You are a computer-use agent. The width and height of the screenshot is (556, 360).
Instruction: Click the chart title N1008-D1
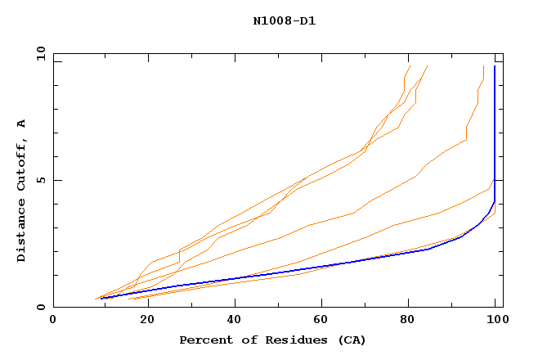(285, 21)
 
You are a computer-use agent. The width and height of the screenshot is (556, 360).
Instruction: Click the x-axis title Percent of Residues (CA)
(273, 340)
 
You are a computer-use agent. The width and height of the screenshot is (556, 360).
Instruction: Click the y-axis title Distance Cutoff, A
(21, 191)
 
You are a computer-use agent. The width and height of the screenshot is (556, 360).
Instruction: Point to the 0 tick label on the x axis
(53, 321)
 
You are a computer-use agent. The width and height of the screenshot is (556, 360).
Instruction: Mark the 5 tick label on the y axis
(40, 180)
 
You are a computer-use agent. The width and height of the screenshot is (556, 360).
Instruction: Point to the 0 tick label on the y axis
(40, 307)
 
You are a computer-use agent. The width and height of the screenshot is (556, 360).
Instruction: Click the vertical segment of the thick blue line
(495, 131)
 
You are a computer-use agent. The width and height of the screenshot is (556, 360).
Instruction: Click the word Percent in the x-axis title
(204, 340)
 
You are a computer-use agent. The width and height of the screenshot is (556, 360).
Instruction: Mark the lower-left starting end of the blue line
(101, 299)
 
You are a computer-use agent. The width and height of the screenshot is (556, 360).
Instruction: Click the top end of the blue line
(495, 66)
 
